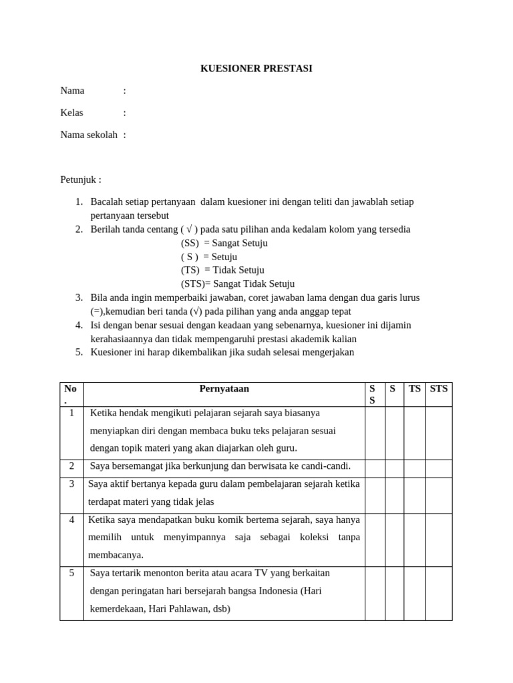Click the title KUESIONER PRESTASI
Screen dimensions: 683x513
point(256,69)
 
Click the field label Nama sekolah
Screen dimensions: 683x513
point(89,135)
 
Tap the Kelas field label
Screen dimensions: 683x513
point(72,113)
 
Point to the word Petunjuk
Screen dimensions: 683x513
point(80,179)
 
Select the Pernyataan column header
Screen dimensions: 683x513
point(224,389)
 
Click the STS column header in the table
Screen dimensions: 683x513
point(439,389)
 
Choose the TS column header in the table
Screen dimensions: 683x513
point(414,389)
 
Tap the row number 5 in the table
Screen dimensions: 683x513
point(71,573)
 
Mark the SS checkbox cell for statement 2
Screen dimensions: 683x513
point(375,468)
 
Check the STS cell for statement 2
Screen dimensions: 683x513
point(439,468)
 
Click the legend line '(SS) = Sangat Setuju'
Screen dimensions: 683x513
point(224,243)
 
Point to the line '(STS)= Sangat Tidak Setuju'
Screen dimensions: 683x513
point(237,284)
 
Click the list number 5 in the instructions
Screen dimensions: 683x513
point(78,352)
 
